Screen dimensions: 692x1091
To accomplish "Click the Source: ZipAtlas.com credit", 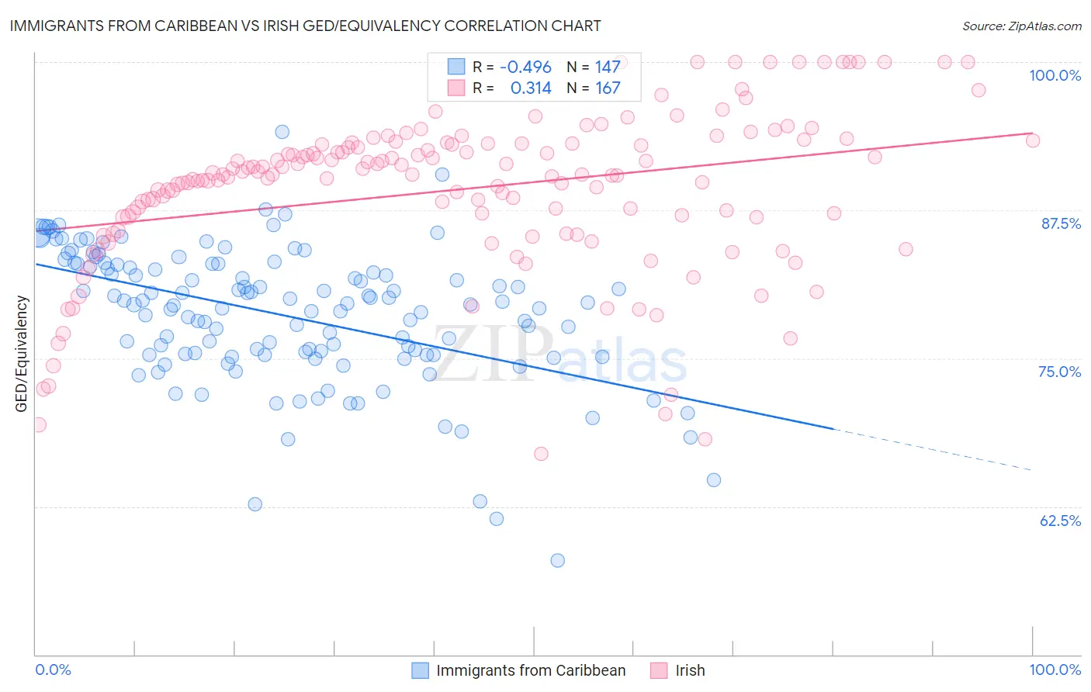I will (x=1021, y=26).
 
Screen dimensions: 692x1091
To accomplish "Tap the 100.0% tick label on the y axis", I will (x=1055, y=75).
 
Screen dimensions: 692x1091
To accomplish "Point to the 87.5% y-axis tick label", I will (x=1060, y=223).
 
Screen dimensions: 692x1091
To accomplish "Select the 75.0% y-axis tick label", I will (x=1059, y=372).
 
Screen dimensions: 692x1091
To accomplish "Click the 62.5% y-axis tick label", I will (x=1060, y=521).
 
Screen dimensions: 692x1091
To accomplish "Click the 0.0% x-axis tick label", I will (x=54, y=670).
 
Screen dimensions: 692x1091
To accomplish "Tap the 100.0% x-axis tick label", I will (x=1055, y=670).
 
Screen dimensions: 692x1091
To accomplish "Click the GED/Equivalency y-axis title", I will (x=22, y=354).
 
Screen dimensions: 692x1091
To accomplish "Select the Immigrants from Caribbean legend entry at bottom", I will (x=530, y=670).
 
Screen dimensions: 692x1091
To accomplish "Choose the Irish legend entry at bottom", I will (x=689, y=670).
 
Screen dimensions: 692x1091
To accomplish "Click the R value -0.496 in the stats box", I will (x=525, y=67).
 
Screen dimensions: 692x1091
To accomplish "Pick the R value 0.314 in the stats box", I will (x=531, y=88).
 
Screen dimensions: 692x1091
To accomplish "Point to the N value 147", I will (x=608, y=67).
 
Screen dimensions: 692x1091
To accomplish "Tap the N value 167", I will (x=608, y=88).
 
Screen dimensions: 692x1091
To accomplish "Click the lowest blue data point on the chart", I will (x=557, y=560).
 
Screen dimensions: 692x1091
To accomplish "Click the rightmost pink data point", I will (x=1033, y=140).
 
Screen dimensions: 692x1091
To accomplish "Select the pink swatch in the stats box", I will (x=456, y=88).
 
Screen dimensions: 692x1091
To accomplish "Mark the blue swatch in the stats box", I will (x=456, y=67).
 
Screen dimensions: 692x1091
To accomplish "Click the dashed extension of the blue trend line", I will (x=931, y=449).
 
